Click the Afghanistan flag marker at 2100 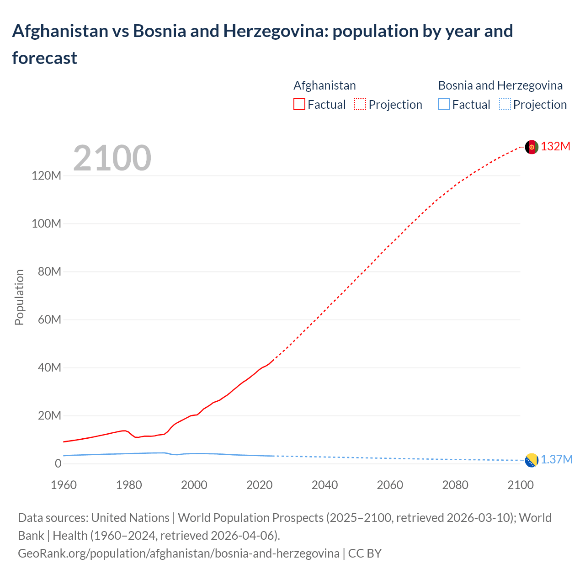pyautogui.click(x=532, y=147)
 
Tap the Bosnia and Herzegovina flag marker pyautogui.click(x=532, y=460)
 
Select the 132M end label pyautogui.click(x=555, y=147)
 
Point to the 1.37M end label pyautogui.click(x=556, y=460)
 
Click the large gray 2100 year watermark pyautogui.click(x=112, y=158)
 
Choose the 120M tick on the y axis pyautogui.click(x=46, y=176)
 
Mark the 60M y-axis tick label pyautogui.click(x=49, y=320)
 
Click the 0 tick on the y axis pyautogui.click(x=58, y=464)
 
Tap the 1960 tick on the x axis pyautogui.click(x=64, y=485)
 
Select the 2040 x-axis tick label pyautogui.click(x=324, y=485)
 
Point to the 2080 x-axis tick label pyautogui.click(x=455, y=485)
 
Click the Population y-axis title pyautogui.click(x=19, y=297)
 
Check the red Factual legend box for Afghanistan pyautogui.click(x=299, y=105)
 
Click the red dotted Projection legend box pyautogui.click(x=360, y=105)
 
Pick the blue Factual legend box pyautogui.click(x=444, y=105)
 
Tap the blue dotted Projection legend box pyautogui.click(x=505, y=105)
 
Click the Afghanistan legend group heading pyautogui.click(x=324, y=85)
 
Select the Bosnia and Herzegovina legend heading pyautogui.click(x=500, y=85)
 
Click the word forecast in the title pyautogui.click(x=45, y=58)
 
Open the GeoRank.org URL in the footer pyautogui.click(x=178, y=553)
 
